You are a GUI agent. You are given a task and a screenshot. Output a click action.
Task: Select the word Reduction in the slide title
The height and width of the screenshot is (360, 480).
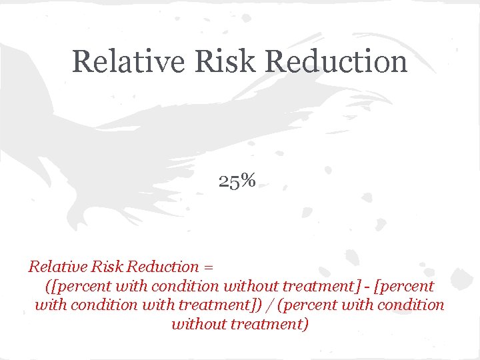click(337, 61)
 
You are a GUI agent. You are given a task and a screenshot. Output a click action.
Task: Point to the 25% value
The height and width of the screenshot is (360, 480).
click(237, 181)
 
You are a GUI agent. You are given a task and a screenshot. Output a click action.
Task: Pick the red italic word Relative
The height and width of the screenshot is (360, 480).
click(53, 267)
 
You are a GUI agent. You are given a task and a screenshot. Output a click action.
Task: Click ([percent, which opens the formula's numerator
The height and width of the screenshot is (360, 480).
click(73, 287)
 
